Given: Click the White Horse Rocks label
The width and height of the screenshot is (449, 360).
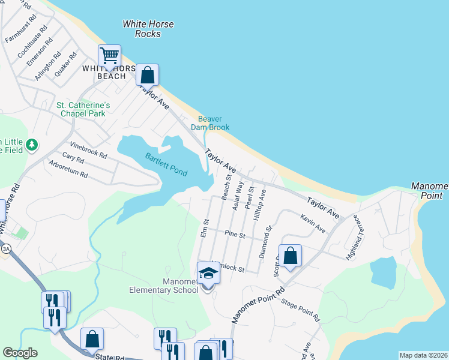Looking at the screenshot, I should point(148,29).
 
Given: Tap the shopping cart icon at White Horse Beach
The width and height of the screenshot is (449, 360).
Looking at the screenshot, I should point(109,56).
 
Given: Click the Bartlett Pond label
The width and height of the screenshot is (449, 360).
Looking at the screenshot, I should point(166,164).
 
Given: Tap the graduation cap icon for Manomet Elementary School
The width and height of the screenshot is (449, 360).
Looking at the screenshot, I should point(209,273).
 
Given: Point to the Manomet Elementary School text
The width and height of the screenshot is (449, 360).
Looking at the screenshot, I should point(163,286).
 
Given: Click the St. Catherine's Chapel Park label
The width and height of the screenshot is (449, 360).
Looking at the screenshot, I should point(81,109).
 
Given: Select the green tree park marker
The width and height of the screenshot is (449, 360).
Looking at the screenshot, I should point(32,145).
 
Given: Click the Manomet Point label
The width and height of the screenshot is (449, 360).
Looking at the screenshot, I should point(429,191).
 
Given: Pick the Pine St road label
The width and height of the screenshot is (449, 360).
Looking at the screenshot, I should point(235,234).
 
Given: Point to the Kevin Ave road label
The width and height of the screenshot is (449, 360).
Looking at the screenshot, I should point(313,225).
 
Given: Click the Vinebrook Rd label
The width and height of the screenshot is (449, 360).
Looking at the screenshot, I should point(88,149).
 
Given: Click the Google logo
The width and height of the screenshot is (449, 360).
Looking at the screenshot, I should point(20,353).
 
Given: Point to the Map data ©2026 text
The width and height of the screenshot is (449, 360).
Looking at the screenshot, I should point(423,355).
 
